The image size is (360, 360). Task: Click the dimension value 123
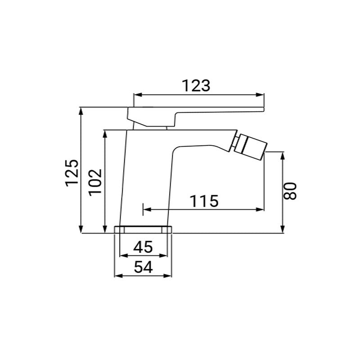pyautogui.click(x=196, y=85)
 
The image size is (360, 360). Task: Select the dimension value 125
pyautogui.click(x=72, y=172)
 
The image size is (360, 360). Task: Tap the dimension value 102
pyautogui.click(x=95, y=182)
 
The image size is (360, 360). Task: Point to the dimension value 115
pyautogui.click(x=203, y=201)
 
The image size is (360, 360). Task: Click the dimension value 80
pyautogui.click(x=292, y=191)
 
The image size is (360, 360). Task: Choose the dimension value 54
pyautogui.click(x=144, y=266)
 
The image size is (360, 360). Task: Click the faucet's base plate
pyautogui.click(x=144, y=229)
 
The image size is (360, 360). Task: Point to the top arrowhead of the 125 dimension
pyautogui.click(x=81, y=111)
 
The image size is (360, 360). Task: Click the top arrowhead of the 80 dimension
pyautogui.click(x=283, y=156)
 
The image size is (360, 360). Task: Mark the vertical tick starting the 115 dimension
pyautogui.click(x=143, y=209)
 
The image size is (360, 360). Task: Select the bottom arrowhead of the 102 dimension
pyautogui.click(x=105, y=230)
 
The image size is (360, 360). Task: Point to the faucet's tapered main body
pyautogui.click(x=146, y=180)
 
